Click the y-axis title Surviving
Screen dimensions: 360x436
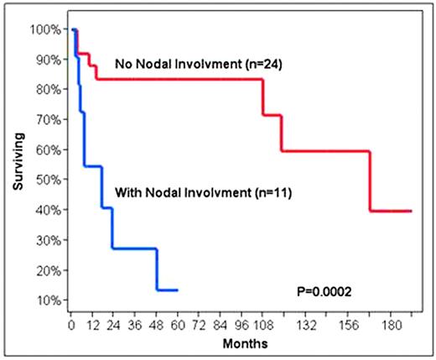click(x=18, y=164)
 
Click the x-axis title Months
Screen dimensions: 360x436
click(x=241, y=344)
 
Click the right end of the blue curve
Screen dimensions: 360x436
click(x=178, y=290)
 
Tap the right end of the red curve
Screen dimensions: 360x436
click(x=411, y=211)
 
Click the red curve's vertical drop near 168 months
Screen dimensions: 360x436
click(x=370, y=181)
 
